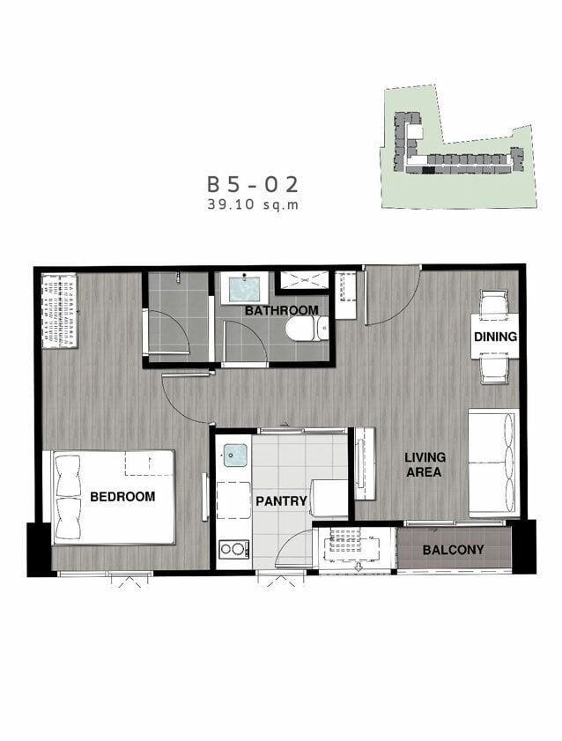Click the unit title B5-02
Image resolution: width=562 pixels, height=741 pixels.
tap(253, 184)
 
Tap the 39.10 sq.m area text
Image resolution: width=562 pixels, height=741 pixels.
tap(253, 204)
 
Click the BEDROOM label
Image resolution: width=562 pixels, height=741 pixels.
tap(122, 497)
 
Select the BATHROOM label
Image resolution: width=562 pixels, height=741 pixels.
tap(282, 310)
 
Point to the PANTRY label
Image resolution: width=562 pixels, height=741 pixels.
tap(282, 501)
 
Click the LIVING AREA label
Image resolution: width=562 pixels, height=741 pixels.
tap(424, 464)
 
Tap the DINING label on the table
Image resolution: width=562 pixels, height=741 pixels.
tap(495, 337)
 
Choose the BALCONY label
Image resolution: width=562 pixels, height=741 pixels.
tap(453, 550)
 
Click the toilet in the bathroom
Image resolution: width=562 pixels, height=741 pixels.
tap(307, 328)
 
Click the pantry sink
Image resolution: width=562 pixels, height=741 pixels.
tap(234, 456)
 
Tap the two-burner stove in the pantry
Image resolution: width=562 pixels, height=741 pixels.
tap(233, 549)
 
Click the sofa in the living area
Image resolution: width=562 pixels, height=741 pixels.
tap(493, 463)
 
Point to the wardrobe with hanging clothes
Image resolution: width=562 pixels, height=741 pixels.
tap(60, 310)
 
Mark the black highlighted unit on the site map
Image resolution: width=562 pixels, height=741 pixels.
tap(428, 170)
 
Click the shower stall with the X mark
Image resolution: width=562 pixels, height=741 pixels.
tap(301, 280)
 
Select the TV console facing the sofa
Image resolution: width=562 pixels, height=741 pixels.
tap(365, 463)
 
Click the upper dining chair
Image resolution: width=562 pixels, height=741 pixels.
tap(495, 302)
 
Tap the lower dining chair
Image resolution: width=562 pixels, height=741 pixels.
tap(495, 371)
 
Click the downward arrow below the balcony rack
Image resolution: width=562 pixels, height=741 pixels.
tap(358, 567)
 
